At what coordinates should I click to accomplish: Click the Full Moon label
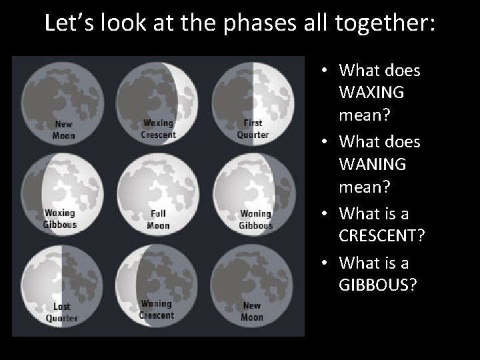tap(158, 219)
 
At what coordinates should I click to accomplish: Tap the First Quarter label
tap(253, 129)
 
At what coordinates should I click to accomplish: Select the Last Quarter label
tap(61, 312)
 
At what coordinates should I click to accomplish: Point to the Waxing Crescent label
tap(158, 129)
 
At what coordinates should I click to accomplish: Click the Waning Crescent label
tap(157, 310)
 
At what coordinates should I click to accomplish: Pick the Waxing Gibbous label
tap(60, 219)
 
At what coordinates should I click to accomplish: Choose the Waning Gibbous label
tap(255, 219)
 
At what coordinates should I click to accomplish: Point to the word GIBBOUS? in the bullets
tap(378, 285)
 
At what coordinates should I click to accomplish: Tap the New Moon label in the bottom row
tap(252, 311)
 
